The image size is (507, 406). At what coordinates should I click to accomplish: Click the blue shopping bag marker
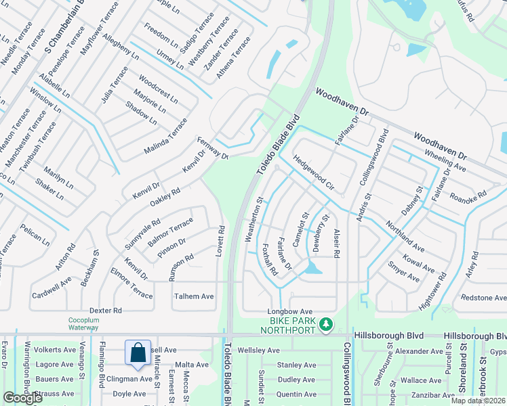tap(138, 353)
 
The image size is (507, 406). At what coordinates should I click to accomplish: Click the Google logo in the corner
tap(22, 398)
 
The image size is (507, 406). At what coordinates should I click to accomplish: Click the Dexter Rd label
tap(105, 310)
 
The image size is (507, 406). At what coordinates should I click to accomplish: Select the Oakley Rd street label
tap(165, 196)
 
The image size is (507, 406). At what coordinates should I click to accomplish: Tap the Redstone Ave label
tap(483, 298)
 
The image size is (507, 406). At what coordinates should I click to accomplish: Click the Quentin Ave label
tap(297, 394)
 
